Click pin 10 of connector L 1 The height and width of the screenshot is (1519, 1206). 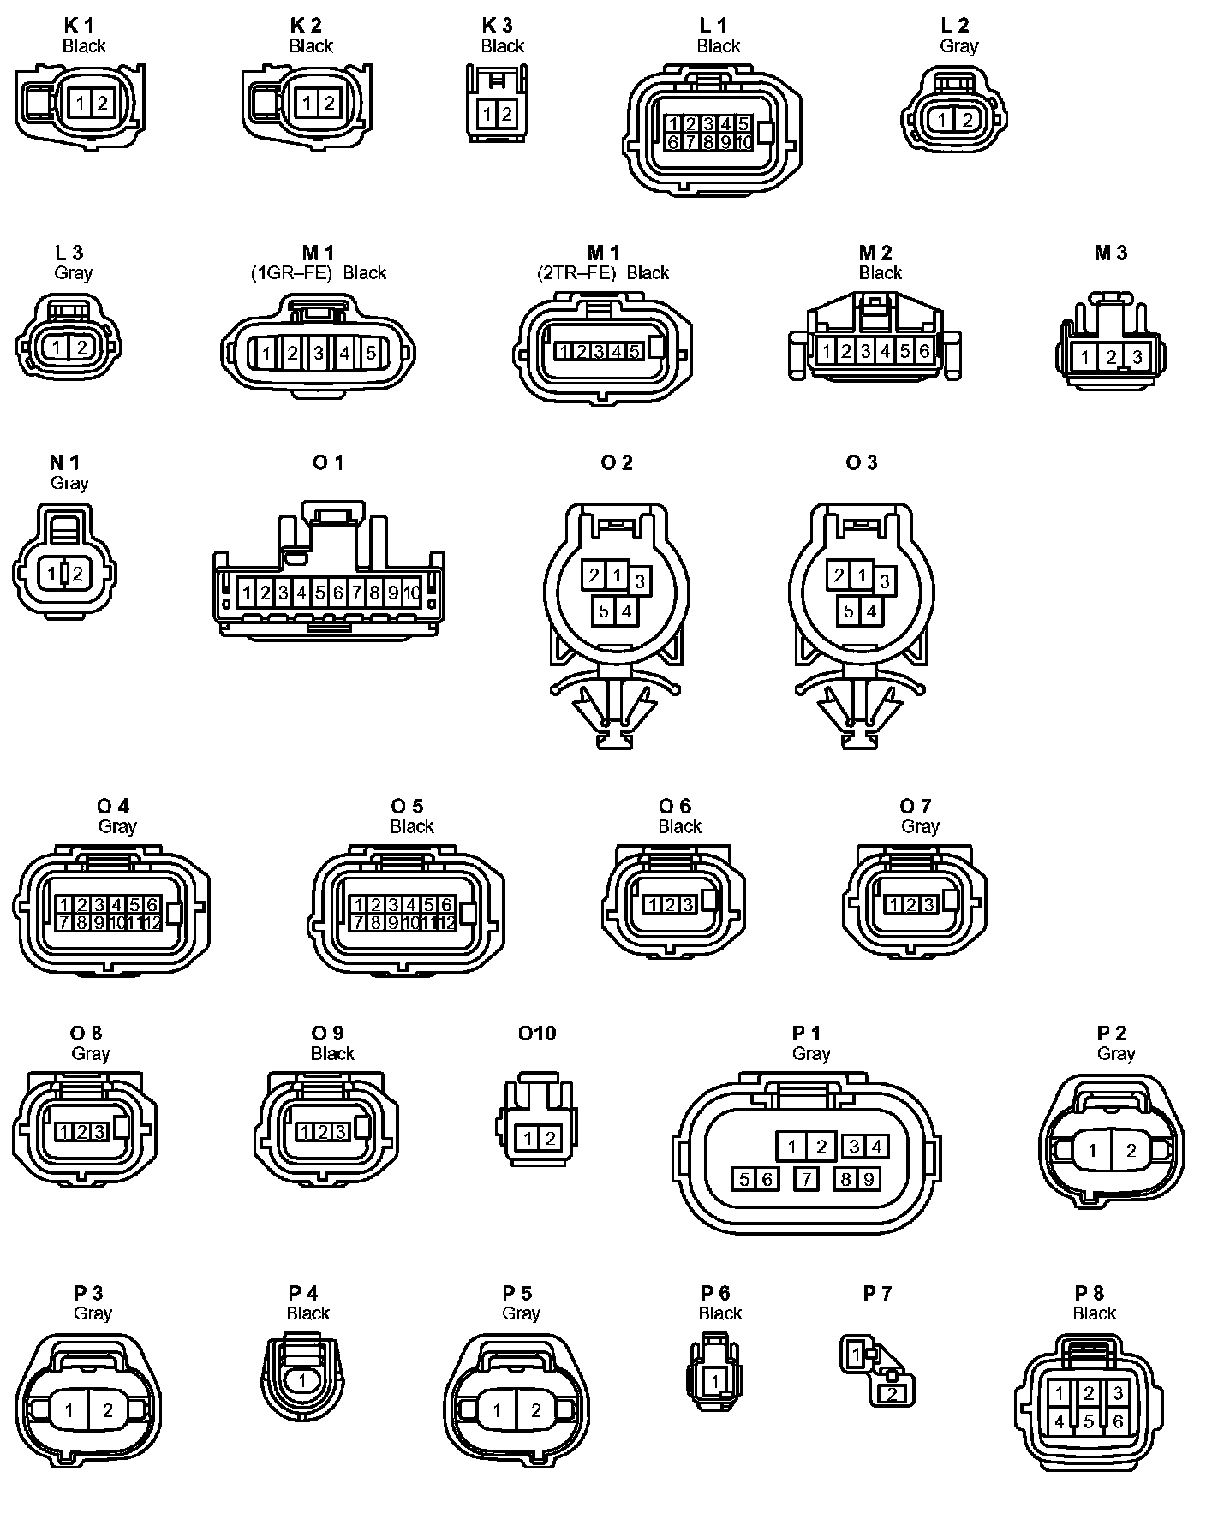[x=743, y=142]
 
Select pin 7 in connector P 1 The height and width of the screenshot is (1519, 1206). [x=806, y=1179]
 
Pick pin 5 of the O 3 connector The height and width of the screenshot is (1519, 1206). [x=848, y=611]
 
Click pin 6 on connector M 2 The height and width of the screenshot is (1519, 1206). [x=924, y=351]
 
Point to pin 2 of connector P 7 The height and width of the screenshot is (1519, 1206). [x=893, y=1394]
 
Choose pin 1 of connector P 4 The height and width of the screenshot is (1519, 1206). [x=301, y=1380]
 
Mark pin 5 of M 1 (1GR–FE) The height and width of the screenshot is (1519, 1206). [x=370, y=353]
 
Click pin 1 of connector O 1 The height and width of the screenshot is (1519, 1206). [x=247, y=593]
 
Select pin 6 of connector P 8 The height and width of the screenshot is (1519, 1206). [x=1117, y=1421]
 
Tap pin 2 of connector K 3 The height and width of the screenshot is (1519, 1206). [x=506, y=114]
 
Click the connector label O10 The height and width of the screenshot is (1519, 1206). [x=537, y=1034]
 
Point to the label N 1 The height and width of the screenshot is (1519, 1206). [x=64, y=463]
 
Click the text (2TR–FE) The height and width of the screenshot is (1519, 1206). [x=576, y=273]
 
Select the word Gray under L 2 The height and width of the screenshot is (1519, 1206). [x=958, y=46]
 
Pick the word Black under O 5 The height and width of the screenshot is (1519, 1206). [x=412, y=826]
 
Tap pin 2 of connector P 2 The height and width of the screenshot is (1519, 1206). [x=1131, y=1151]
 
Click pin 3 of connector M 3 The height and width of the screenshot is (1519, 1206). [x=1137, y=357]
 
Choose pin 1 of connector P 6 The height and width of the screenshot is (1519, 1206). [x=715, y=1380]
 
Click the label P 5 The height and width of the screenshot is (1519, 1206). [x=517, y=1293]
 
